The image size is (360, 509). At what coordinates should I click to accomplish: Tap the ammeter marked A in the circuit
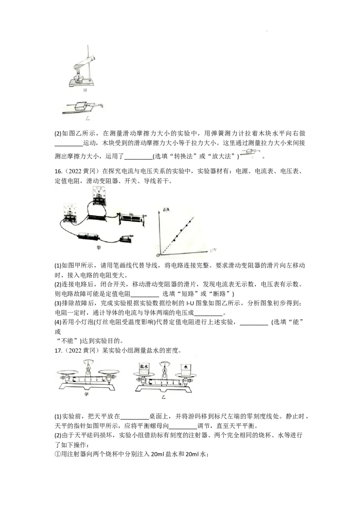click(70, 212)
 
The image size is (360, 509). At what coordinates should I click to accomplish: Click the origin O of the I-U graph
click(158, 255)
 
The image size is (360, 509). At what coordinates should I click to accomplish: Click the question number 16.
click(58, 171)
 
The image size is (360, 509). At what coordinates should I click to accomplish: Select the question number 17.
click(58, 351)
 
